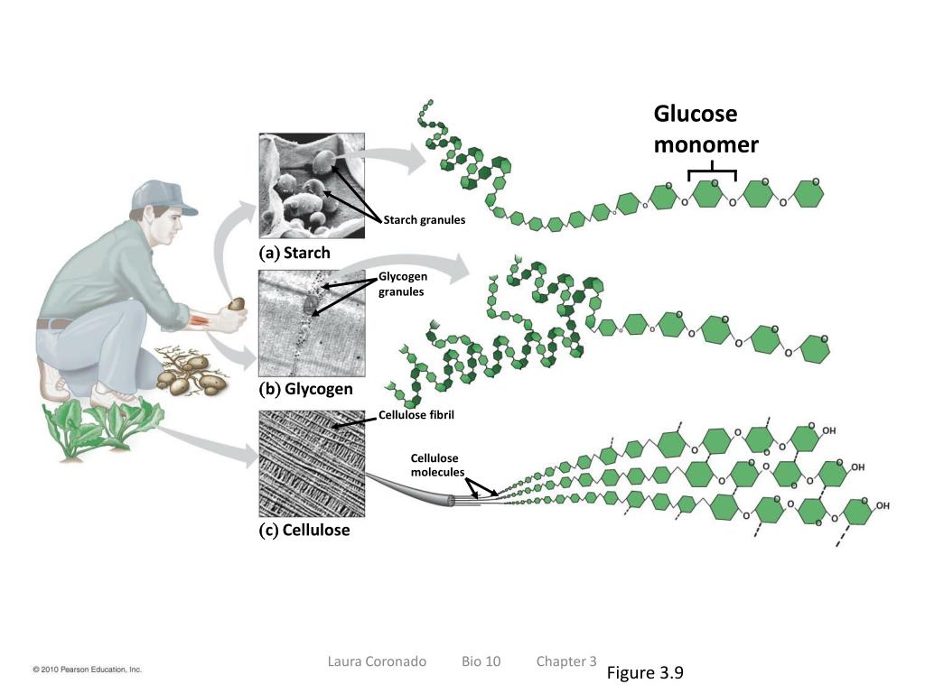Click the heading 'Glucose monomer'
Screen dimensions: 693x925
coord(705,130)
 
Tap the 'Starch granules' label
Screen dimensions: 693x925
coord(424,220)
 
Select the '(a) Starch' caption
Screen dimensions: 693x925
coord(294,253)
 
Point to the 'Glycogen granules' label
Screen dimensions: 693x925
coord(402,284)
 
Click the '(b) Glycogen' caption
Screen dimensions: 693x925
coord(305,390)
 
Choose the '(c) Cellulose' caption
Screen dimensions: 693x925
coord(304,530)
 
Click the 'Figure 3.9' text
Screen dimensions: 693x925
coord(645,673)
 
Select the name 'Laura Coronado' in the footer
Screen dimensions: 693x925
coord(377,661)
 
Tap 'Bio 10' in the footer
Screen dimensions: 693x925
coord(481,661)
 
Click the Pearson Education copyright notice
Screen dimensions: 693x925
coord(88,670)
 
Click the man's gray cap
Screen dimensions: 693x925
coord(163,196)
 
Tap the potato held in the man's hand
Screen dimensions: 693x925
coord(237,304)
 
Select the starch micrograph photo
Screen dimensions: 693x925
coord(311,186)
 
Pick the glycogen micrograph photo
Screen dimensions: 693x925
coord(311,324)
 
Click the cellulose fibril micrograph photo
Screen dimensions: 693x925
coord(311,463)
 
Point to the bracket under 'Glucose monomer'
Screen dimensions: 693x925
coord(712,171)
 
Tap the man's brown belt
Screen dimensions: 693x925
coord(54,322)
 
